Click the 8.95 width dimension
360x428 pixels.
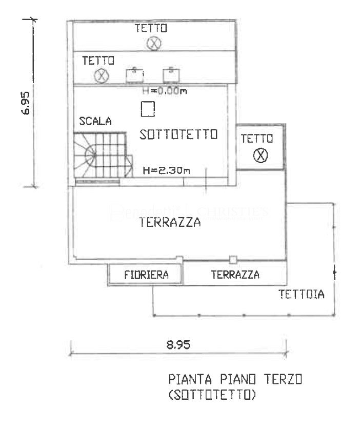[x=179, y=344]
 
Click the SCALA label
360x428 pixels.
[x=95, y=122]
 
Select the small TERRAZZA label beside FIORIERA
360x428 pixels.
[x=235, y=275]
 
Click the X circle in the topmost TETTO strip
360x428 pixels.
[x=153, y=44]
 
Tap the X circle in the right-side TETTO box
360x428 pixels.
[x=261, y=155]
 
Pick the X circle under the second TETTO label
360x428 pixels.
[x=102, y=76]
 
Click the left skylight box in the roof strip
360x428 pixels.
[x=134, y=75]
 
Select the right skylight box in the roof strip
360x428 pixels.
[x=170, y=75]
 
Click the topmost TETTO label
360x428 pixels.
[x=151, y=29]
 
